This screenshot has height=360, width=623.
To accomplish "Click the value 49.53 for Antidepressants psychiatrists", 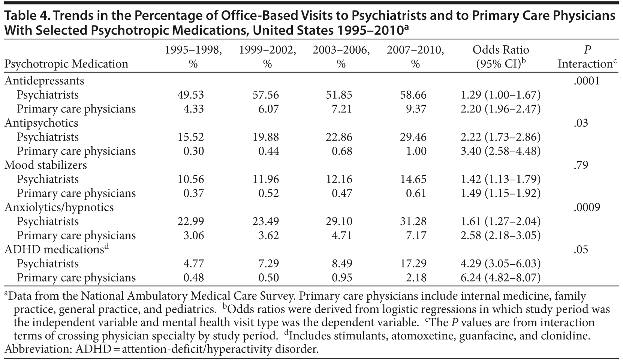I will pyautogui.click(x=190, y=95).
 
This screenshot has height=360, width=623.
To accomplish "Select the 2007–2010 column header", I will pyautogui.click(x=415, y=57).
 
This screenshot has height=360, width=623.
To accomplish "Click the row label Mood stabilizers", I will pyautogui.click(x=45, y=165).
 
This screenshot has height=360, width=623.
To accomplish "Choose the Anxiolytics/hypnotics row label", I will pyautogui.click(x=59, y=207).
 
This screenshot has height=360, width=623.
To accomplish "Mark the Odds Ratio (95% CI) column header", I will pyautogui.click(x=501, y=57).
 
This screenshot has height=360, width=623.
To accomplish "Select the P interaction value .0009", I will pyautogui.click(x=587, y=207).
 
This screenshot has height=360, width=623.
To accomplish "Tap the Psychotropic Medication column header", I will pyautogui.click(x=66, y=64).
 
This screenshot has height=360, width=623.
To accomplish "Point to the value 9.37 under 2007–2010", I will pyautogui.click(x=416, y=109).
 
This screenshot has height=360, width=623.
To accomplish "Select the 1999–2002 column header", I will pyautogui.click(x=267, y=57).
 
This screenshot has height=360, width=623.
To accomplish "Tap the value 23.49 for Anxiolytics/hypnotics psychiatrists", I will pyautogui.click(x=265, y=222).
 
